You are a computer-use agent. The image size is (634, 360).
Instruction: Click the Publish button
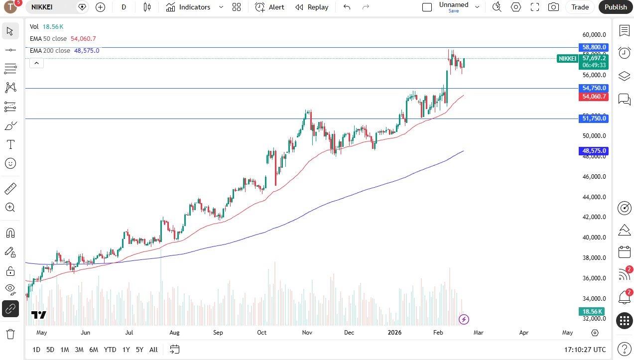(x=616, y=7)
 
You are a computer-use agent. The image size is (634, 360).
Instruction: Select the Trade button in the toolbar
(x=580, y=7)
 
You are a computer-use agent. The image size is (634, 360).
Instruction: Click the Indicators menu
(x=194, y=7)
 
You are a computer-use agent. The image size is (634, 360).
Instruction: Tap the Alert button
(x=270, y=7)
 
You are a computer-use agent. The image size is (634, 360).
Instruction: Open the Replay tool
(x=312, y=7)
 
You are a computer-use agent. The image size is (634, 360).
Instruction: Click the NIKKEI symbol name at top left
(x=42, y=7)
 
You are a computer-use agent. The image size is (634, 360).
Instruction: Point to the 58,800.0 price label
(x=594, y=47)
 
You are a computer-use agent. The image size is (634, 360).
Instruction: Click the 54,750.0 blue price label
(x=594, y=88)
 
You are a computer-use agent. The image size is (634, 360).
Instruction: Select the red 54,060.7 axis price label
(x=594, y=97)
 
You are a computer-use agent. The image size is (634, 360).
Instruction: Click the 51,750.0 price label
(x=594, y=119)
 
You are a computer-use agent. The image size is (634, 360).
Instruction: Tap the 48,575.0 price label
(x=594, y=151)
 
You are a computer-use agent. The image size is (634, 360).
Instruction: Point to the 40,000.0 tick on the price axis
(x=594, y=238)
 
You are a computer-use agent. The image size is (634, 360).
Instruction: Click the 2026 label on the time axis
(x=395, y=333)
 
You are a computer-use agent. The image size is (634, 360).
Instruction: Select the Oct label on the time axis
(x=262, y=333)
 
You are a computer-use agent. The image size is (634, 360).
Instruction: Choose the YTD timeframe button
(x=110, y=350)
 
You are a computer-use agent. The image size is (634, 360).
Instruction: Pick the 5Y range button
(x=139, y=350)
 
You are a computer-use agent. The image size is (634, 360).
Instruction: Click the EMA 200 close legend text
(x=50, y=51)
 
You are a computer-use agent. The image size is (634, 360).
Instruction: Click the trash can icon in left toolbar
(x=10, y=334)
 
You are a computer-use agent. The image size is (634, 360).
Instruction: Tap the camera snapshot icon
(x=553, y=7)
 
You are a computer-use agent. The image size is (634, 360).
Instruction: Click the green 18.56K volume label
(x=593, y=312)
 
